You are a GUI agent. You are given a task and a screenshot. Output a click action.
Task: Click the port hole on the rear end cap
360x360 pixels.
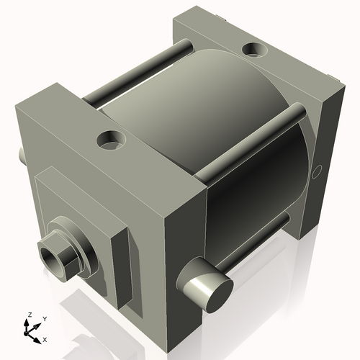[x=253, y=50]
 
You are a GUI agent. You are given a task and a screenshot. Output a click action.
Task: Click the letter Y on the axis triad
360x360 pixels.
[x=45, y=318]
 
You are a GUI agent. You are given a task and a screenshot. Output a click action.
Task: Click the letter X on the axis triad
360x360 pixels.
[x=45, y=338]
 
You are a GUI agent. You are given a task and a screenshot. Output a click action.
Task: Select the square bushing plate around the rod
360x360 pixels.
[x=79, y=216]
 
